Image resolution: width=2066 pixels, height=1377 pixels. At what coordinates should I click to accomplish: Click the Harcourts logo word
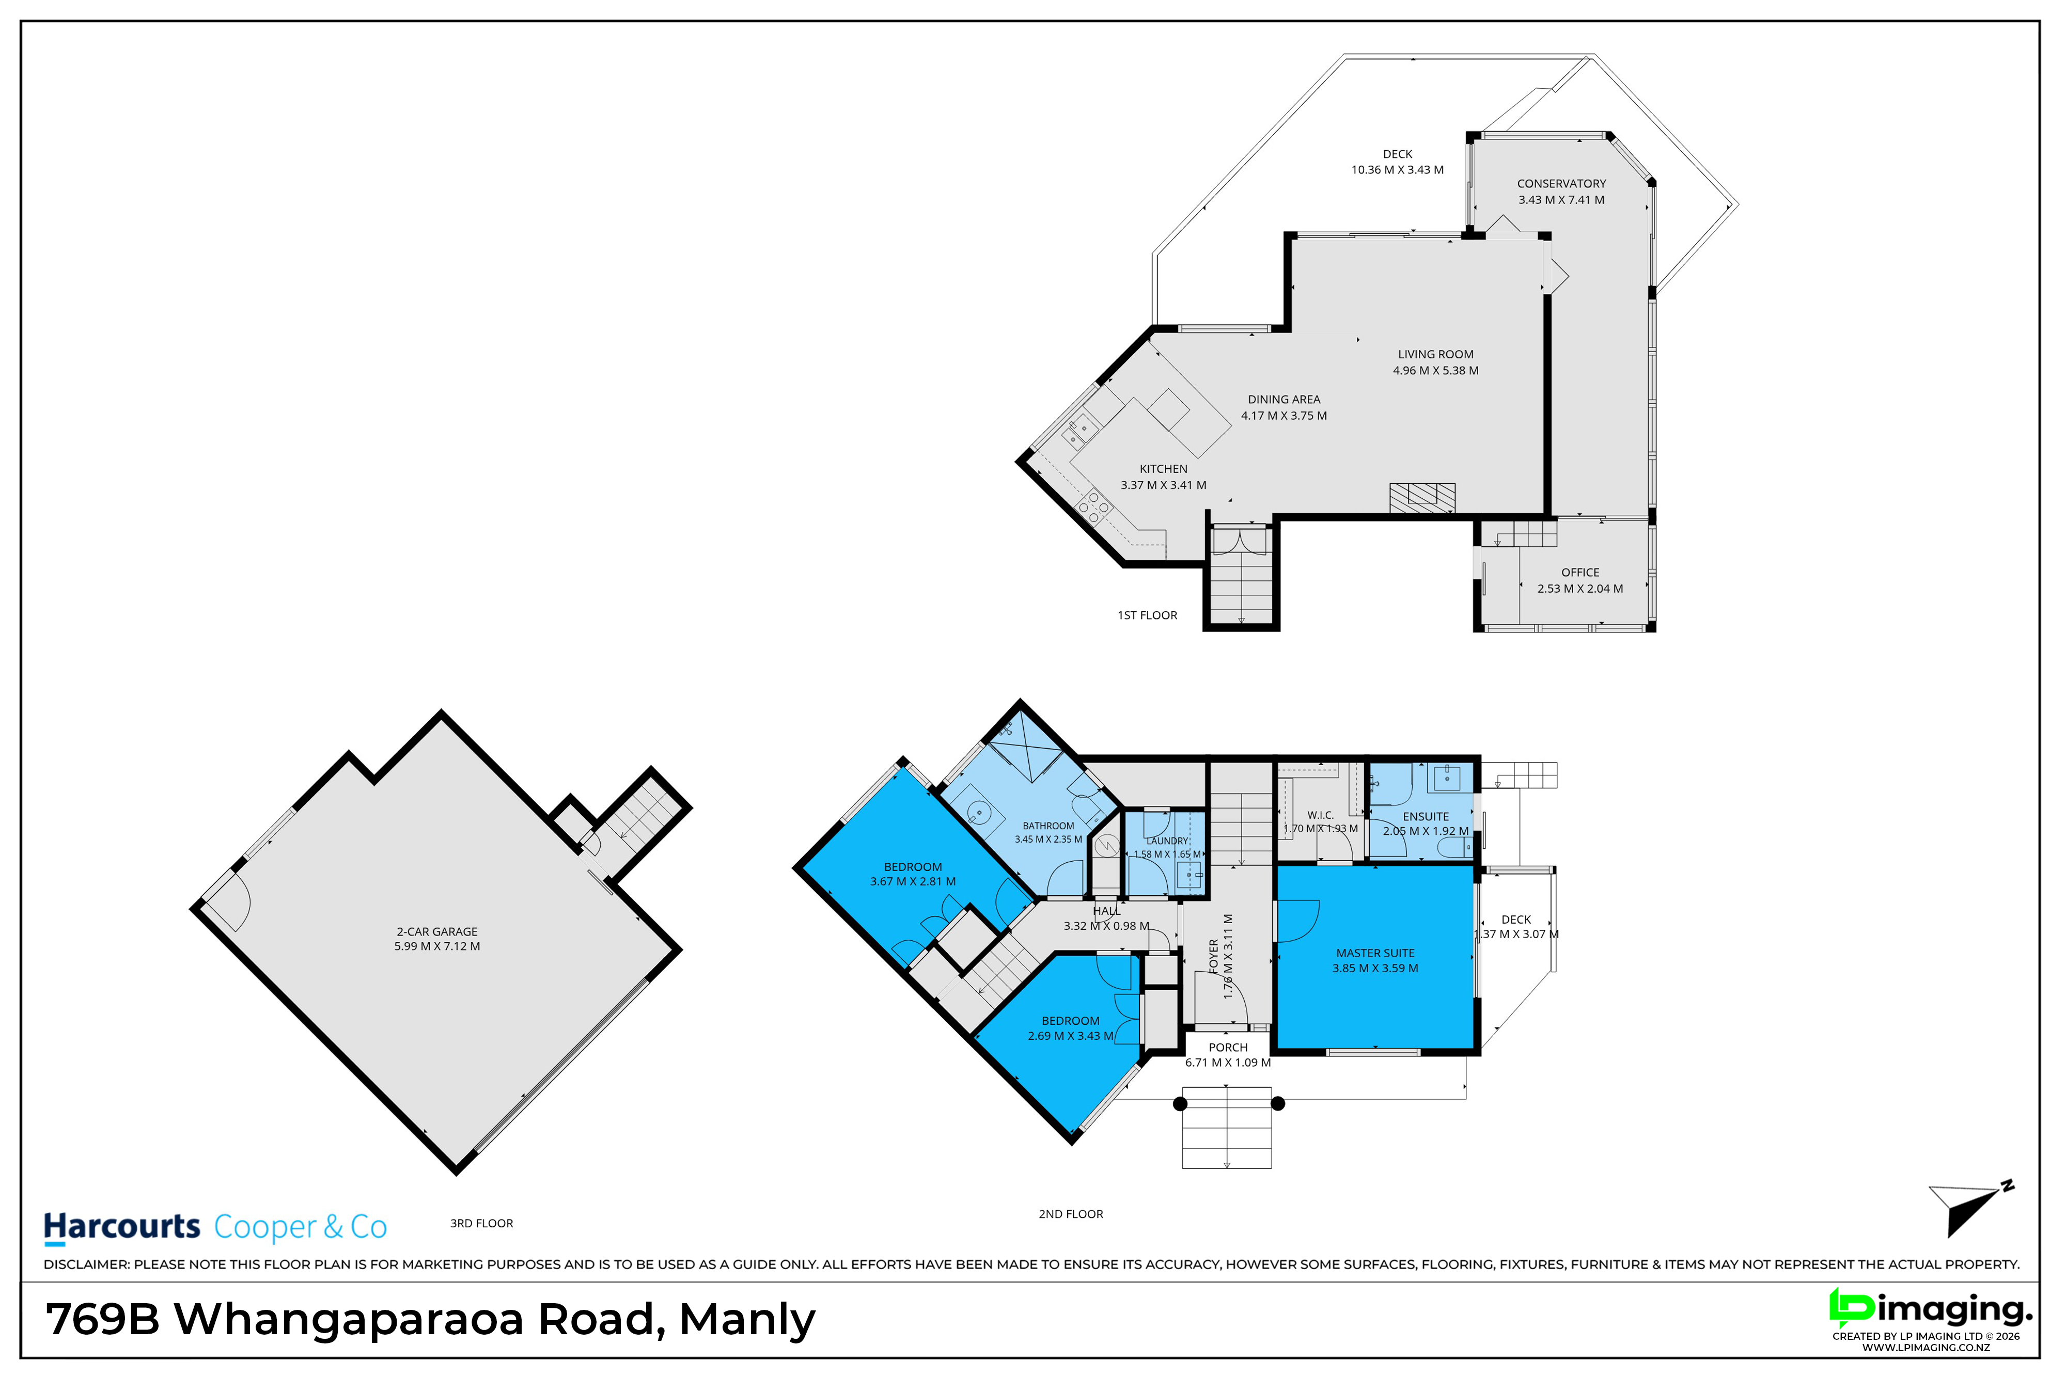[122, 1227]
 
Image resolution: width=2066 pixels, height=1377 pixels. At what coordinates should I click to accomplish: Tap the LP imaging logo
[1931, 1310]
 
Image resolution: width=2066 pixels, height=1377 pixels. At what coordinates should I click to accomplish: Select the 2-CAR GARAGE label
[436, 932]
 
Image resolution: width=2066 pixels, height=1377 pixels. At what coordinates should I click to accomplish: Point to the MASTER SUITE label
[1375, 953]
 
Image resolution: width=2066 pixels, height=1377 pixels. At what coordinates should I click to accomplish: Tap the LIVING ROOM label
[1436, 354]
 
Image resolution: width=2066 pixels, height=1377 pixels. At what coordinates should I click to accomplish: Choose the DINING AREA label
[1284, 400]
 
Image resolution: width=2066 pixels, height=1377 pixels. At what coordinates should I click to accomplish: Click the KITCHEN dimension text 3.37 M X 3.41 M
[1163, 485]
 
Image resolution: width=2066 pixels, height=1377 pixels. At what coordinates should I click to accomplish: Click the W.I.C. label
[1320, 815]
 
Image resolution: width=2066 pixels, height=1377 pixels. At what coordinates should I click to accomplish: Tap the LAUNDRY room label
[1167, 841]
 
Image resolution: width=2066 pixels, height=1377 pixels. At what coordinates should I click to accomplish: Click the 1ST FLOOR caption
[1147, 615]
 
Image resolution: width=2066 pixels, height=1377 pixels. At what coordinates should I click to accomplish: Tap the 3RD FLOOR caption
[481, 1223]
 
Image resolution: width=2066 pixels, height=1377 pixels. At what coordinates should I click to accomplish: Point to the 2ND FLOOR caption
[1071, 1214]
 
